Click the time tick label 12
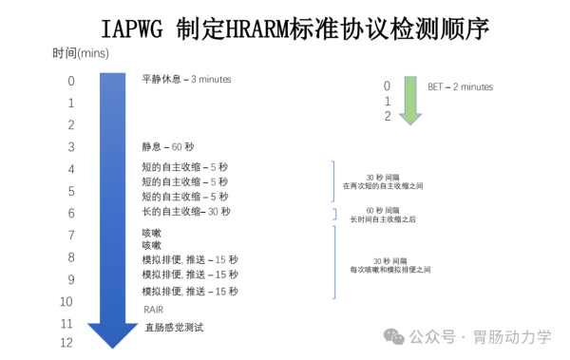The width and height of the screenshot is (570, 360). tap(66, 343)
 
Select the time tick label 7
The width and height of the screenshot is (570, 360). tap(70, 236)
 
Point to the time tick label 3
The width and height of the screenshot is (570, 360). tap(70, 147)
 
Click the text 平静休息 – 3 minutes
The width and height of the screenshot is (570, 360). tap(186, 80)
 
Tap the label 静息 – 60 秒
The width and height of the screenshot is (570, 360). tap(167, 147)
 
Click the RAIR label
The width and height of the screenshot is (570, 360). tap(154, 310)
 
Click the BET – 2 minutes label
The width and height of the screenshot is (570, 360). tap(461, 86)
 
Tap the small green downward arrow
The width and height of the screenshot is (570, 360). tap(410, 101)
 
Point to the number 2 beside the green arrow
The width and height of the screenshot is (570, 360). tap(387, 117)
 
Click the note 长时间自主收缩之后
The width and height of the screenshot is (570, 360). tap(382, 219)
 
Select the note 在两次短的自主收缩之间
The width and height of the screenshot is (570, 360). tap(382, 186)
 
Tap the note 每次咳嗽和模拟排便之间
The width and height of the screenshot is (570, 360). tap(382, 270)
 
